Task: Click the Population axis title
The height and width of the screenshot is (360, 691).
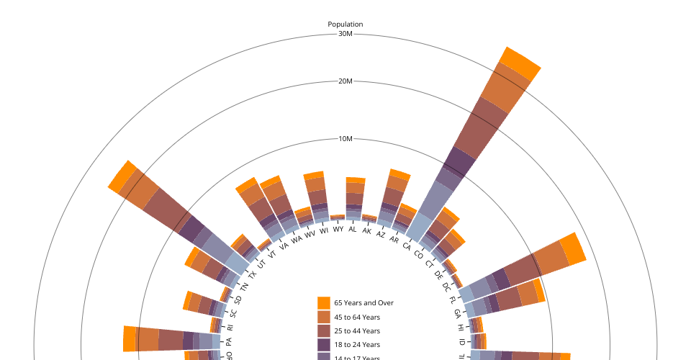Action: coord(345,24)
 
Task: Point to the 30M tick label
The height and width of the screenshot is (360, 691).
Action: coord(345,35)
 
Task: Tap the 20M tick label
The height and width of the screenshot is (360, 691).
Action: coord(345,81)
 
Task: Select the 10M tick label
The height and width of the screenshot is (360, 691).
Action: coord(345,139)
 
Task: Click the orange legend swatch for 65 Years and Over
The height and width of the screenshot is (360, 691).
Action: coord(324,303)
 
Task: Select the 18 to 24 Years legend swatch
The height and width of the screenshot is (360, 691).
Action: coord(324,345)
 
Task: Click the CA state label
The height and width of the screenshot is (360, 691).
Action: coord(407,246)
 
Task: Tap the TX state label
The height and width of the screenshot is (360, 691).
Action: coord(252,275)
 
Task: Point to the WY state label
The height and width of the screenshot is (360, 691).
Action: coord(338,230)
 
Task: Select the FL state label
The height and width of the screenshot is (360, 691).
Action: coord(453,299)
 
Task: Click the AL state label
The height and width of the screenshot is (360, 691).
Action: coord(353,230)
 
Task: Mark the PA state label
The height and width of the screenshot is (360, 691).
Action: coord(229,342)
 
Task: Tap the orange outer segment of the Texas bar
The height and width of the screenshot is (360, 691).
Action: coord(122,177)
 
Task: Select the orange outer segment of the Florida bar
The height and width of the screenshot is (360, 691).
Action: coord(574,249)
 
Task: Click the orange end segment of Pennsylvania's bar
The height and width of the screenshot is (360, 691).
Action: coord(130,338)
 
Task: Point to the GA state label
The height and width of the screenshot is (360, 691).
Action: coord(457,314)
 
